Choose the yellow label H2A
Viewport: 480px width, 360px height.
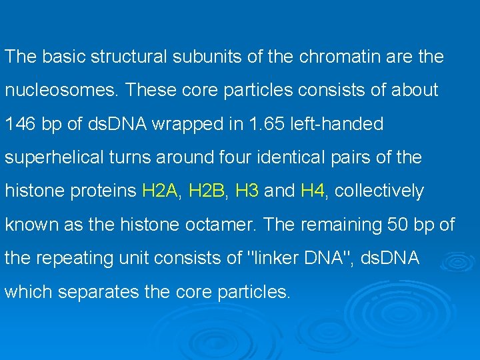coord(160,191)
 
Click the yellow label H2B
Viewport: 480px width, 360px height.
coord(207,191)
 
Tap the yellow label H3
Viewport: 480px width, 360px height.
coord(247,191)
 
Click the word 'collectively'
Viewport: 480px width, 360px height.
coord(379,191)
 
